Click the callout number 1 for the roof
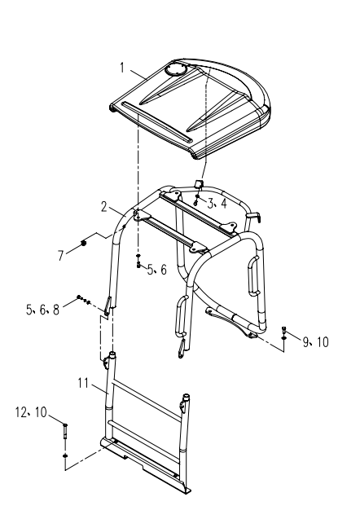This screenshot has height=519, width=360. click(x=122, y=68)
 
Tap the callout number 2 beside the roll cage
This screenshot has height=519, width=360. click(x=104, y=207)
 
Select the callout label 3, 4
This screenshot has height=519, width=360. click(x=217, y=204)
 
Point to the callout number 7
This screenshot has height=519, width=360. click(x=60, y=256)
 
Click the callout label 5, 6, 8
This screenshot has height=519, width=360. click(x=42, y=310)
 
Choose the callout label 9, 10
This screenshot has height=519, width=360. click(x=316, y=342)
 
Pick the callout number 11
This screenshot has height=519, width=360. click(x=83, y=383)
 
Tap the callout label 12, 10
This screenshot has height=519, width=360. click(x=32, y=412)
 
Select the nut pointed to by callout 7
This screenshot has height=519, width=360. click(x=84, y=244)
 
